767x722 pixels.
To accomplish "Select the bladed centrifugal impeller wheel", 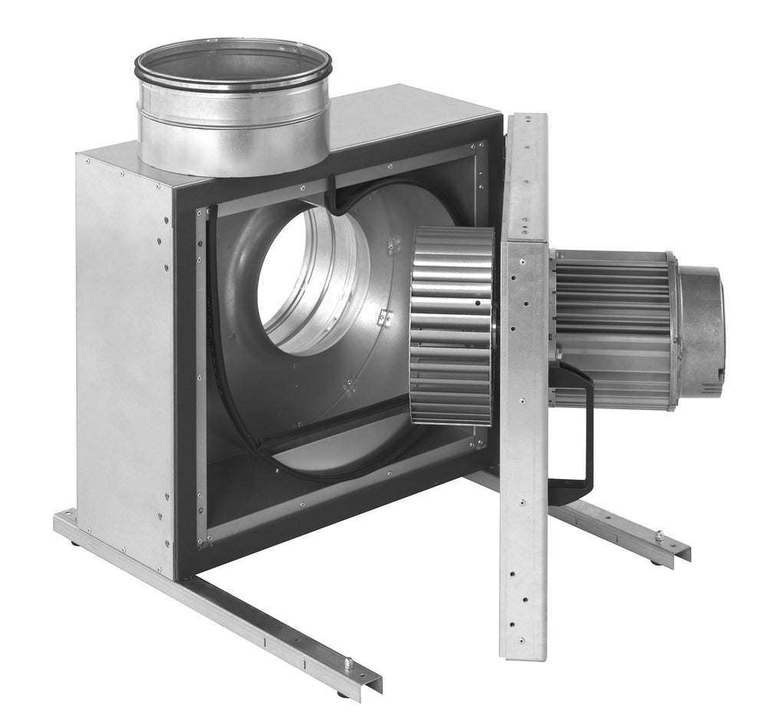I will (x=451, y=326).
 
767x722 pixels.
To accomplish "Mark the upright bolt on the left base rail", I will (x=347, y=664).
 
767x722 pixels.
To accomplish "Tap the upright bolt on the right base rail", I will (x=658, y=536).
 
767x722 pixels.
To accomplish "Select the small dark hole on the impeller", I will (x=476, y=304).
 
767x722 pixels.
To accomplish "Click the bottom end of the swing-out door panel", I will (x=523, y=651).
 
